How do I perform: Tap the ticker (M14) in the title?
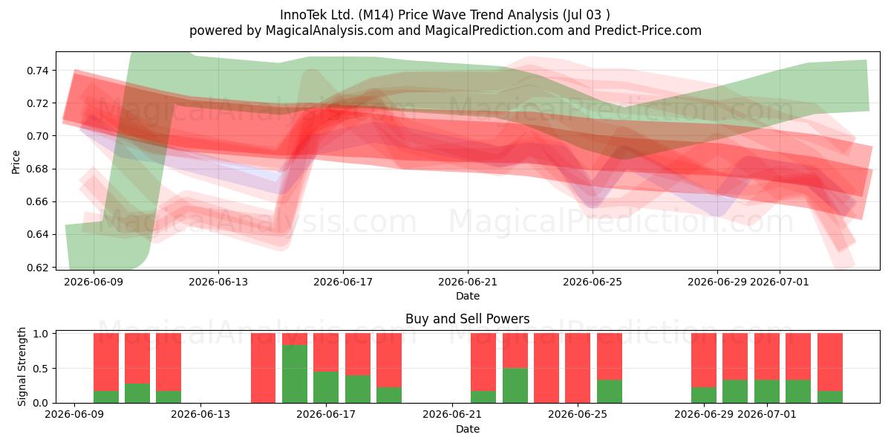coord(376,15)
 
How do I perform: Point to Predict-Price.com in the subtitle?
coord(648,30)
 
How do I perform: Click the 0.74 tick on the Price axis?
coord(37,71)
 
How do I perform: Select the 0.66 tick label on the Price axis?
coord(37,202)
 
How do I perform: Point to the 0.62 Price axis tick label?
coord(37,268)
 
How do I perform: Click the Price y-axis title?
coord(16,162)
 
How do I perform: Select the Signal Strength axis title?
coord(22,366)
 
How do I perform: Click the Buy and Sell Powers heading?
coord(467,319)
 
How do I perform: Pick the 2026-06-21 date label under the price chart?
coord(468,282)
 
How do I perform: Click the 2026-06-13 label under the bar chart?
coord(200,415)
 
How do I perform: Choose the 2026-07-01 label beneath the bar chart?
coord(767,415)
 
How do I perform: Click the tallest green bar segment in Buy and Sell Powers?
coord(295,374)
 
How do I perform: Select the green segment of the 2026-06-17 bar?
coord(326,387)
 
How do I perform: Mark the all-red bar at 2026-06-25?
coord(578,368)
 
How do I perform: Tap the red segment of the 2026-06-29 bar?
coord(704,361)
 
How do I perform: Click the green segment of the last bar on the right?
coord(830,397)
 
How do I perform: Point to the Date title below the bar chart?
coord(468,429)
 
